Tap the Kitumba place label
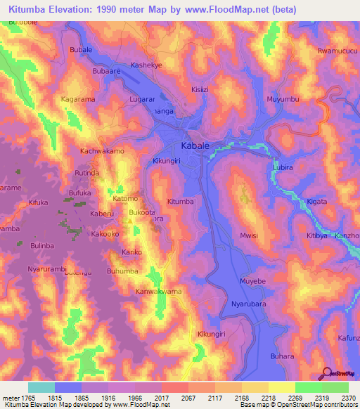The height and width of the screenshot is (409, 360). (180, 202)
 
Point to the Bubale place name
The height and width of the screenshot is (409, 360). (82, 51)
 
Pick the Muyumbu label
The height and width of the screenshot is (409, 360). (283, 100)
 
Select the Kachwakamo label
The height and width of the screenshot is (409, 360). (102, 151)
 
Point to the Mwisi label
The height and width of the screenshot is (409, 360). (250, 236)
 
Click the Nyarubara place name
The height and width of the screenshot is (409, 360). (249, 304)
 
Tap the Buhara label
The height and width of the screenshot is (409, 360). (282, 356)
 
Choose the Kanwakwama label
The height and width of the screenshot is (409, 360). (159, 291)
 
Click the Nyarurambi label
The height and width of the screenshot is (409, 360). (46, 269)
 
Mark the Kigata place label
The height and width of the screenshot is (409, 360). (318, 202)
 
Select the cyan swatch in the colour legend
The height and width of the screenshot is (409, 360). (41, 387)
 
